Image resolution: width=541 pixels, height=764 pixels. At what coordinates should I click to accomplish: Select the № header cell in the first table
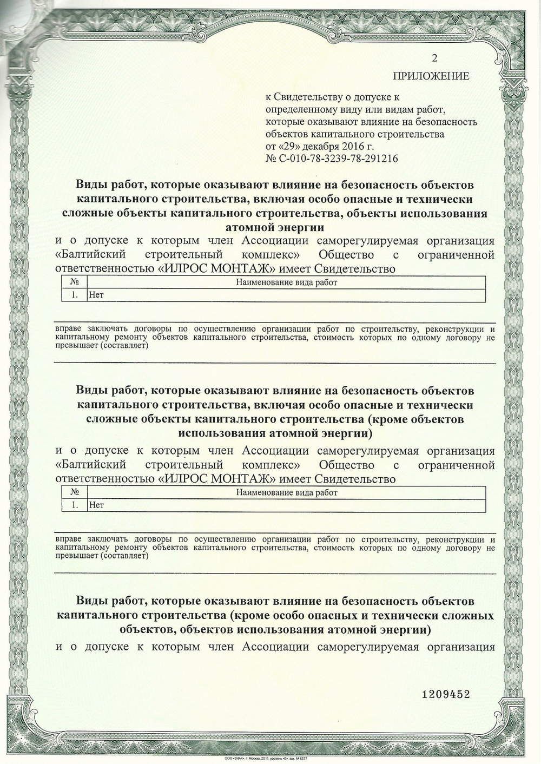click(x=75, y=282)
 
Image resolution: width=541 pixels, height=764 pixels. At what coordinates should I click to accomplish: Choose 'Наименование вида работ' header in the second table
click(x=286, y=492)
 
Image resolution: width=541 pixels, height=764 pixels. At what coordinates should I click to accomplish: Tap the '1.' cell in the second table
click(x=75, y=505)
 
